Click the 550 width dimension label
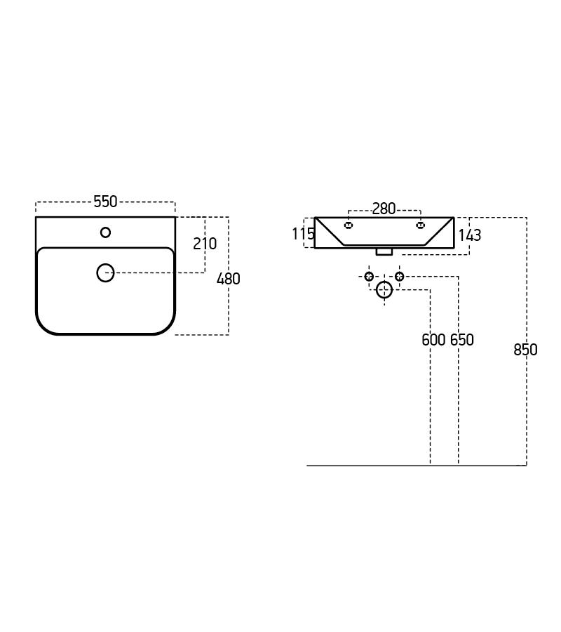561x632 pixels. click(105, 202)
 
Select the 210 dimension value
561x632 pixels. click(205, 244)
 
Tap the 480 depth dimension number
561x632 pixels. click(229, 279)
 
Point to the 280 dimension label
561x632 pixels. click(384, 209)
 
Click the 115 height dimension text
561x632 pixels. click(303, 234)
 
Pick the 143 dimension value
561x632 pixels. click(470, 235)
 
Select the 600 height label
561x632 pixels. click(433, 340)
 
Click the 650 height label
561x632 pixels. click(462, 340)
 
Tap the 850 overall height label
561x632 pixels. click(525, 350)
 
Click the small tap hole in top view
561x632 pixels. click(105, 232)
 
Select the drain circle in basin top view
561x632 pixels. click(105, 272)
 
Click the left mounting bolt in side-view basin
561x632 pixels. click(349, 225)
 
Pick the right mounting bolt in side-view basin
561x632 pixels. click(421, 225)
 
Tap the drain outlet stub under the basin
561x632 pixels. click(384, 251)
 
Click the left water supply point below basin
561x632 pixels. click(369, 277)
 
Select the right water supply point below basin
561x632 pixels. click(399, 277)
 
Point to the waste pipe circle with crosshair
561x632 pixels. click(384, 289)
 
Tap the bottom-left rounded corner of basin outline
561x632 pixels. click(43, 327)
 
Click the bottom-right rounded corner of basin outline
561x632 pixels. click(167, 327)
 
